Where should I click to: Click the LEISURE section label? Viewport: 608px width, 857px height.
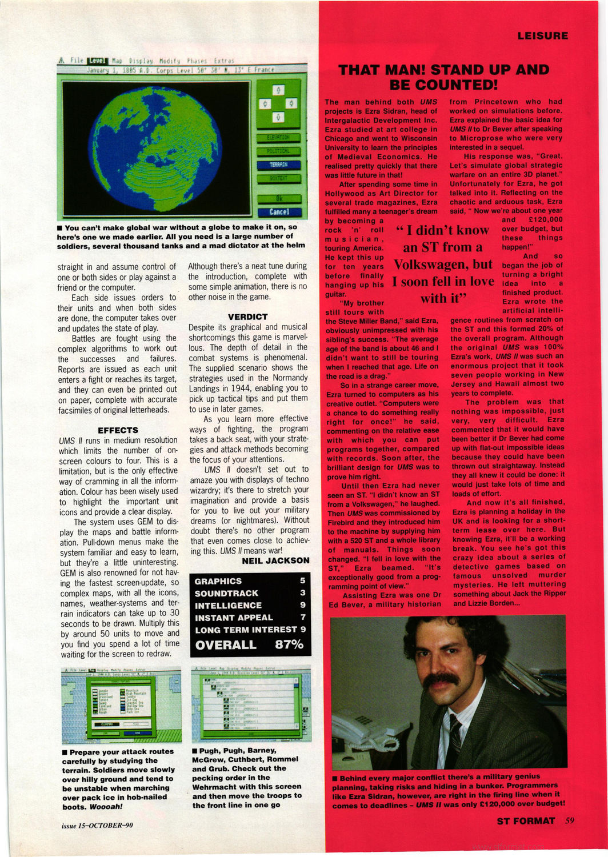coord(542,36)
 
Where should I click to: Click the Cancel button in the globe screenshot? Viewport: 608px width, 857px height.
coord(279,211)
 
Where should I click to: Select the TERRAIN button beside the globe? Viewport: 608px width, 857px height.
coord(279,165)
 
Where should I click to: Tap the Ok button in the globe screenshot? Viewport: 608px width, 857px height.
coord(279,199)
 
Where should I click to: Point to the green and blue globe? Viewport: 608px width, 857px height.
coord(156,147)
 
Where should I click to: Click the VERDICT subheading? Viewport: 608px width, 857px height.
coord(247,317)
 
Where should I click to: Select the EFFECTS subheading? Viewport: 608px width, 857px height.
coord(118,430)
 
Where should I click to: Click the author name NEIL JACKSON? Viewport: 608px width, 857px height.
coord(275,561)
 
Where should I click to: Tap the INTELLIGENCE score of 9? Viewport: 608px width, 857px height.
coord(303,605)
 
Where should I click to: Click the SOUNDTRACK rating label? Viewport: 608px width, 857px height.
coord(226,593)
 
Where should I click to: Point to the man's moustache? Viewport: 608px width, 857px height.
coord(441,680)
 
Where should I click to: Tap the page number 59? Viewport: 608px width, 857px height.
coord(569,821)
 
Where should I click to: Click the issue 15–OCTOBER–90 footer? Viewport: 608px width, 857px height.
coord(97,825)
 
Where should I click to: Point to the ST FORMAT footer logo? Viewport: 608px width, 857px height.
coord(526,821)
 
